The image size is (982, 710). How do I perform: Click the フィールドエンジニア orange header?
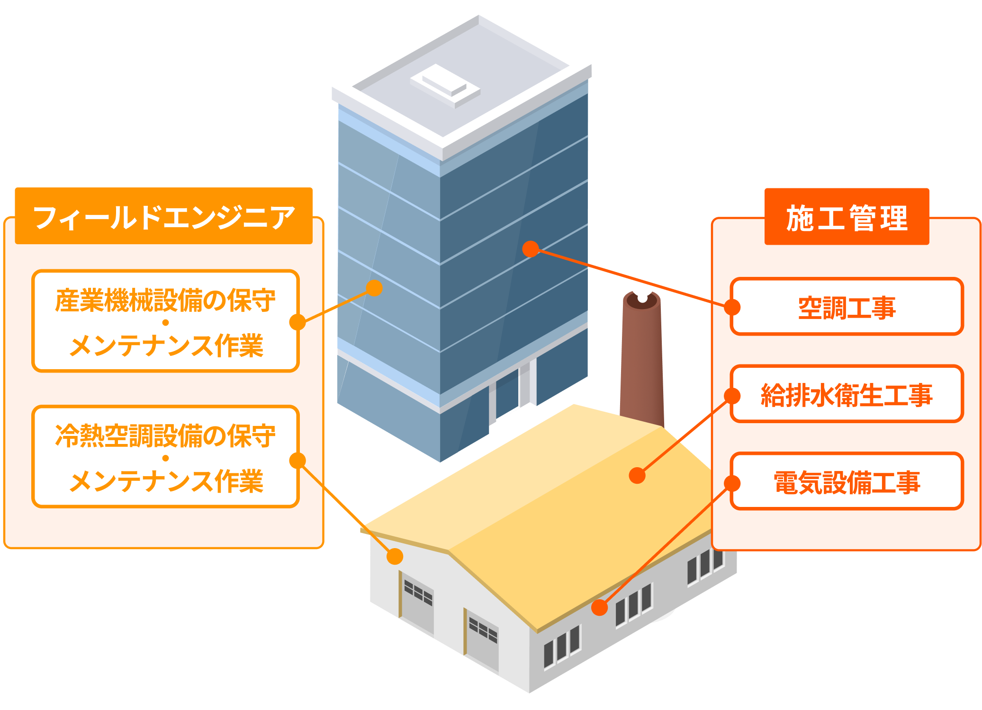pos(163,216)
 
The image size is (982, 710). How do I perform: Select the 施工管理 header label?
pos(847,217)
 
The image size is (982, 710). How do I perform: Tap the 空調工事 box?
pos(847,307)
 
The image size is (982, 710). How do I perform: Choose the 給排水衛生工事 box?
pos(847,394)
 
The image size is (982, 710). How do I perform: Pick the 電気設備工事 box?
pos(847,482)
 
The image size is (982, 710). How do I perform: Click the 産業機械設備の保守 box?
pos(165,321)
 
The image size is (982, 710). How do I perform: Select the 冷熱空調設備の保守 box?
pos(165,457)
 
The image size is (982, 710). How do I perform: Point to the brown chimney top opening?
pos(642,300)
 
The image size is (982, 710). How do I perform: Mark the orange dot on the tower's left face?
pos(374,288)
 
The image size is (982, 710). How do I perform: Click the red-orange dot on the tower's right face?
pos(531,249)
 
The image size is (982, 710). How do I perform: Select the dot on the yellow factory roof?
pos(637,475)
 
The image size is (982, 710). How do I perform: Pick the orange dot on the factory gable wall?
pos(395,557)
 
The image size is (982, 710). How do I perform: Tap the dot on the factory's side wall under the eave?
pos(599,607)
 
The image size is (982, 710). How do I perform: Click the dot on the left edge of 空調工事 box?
pos(732,307)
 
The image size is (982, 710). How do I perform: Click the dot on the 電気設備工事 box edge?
pos(732,483)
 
